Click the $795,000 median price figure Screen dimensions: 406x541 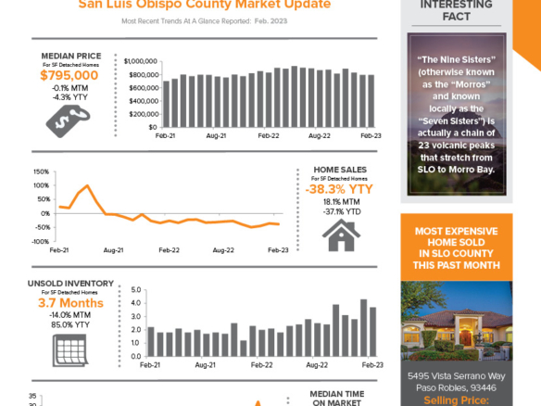pyautogui.click(x=69, y=75)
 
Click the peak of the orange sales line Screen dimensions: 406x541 pyautogui.click(x=88, y=186)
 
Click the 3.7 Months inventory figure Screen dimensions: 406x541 pyautogui.click(x=70, y=303)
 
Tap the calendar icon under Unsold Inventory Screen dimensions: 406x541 pyautogui.click(x=70, y=349)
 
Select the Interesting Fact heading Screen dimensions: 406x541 pyautogui.click(x=456, y=9)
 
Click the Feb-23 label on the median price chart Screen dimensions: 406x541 pyautogui.click(x=371, y=135)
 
